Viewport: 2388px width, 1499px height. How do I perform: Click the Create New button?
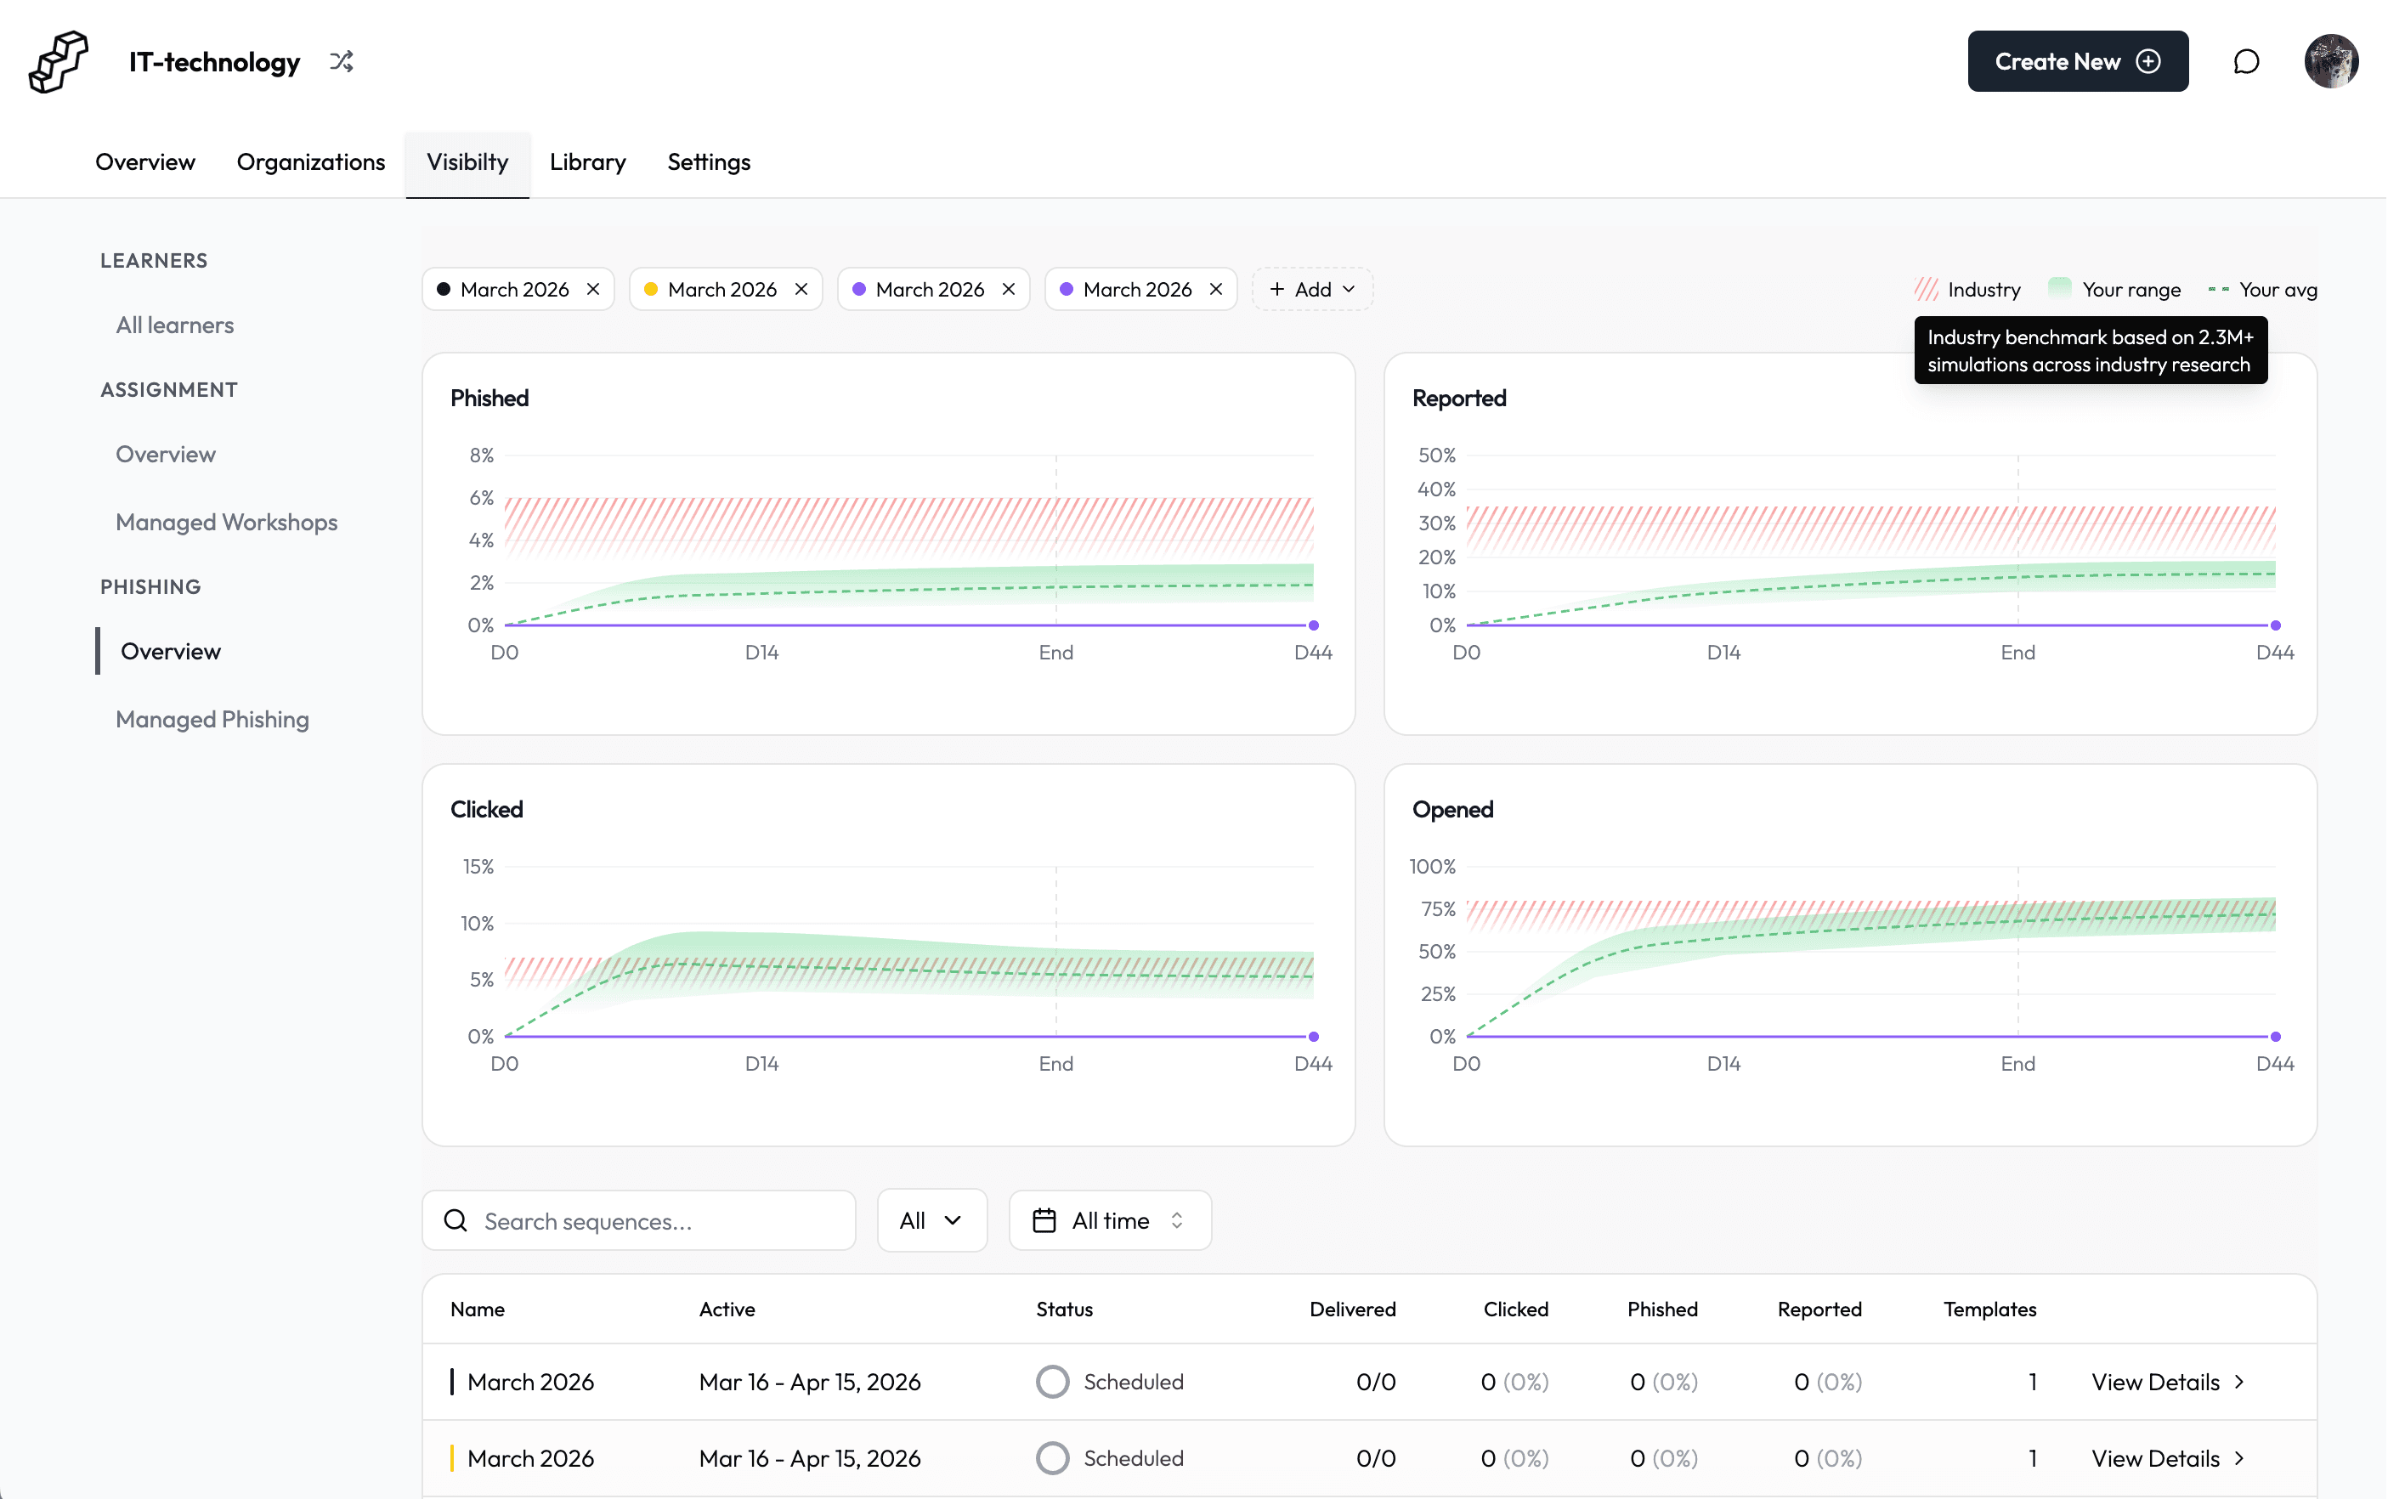point(2077,61)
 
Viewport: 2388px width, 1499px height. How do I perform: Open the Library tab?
point(587,161)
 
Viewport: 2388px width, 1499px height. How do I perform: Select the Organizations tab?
point(310,161)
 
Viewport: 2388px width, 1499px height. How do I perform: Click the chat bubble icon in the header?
point(2245,61)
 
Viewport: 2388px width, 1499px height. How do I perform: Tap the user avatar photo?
point(2329,61)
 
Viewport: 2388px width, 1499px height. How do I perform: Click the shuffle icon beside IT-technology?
point(341,61)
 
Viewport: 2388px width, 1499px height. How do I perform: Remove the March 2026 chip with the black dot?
point(593,290)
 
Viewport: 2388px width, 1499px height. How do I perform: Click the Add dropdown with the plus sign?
point(1311,290)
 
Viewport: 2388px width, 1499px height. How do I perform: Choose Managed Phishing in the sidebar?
point(212,720)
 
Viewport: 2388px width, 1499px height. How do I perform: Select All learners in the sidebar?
point(174,325)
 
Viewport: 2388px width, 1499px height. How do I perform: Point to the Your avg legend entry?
point(2263,290)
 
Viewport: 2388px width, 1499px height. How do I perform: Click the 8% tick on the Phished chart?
point(482,455)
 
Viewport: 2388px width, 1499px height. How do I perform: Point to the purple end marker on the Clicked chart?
point(1314,1036)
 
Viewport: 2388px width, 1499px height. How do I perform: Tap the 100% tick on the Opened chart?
point(1433,867)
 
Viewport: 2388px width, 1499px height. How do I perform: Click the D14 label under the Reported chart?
point(1723,653)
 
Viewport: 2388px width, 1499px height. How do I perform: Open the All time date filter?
point(1109,1220)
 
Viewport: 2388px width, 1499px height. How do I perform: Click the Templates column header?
point(1989,1309)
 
